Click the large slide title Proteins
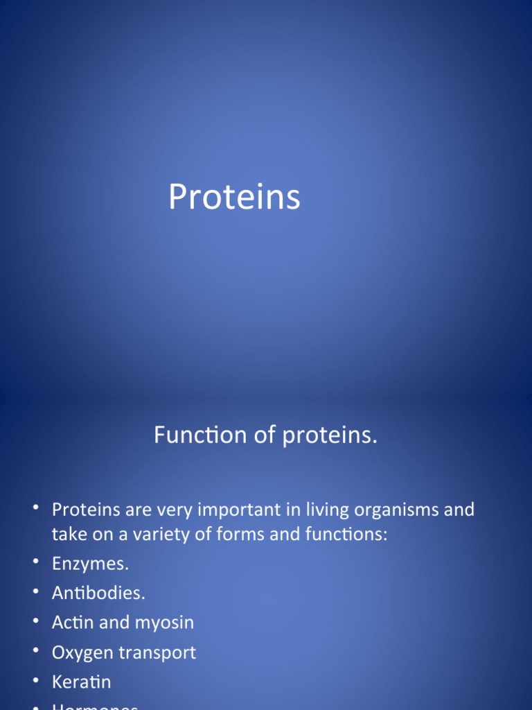[x=234, y=198]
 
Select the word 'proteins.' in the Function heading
[x=329, y=436]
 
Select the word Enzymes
[x=91, y=564]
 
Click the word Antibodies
[x=98, y=594]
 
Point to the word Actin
[x=72, y=623]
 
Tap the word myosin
[x=164, y=623]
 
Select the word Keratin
[x=81, y=682]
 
